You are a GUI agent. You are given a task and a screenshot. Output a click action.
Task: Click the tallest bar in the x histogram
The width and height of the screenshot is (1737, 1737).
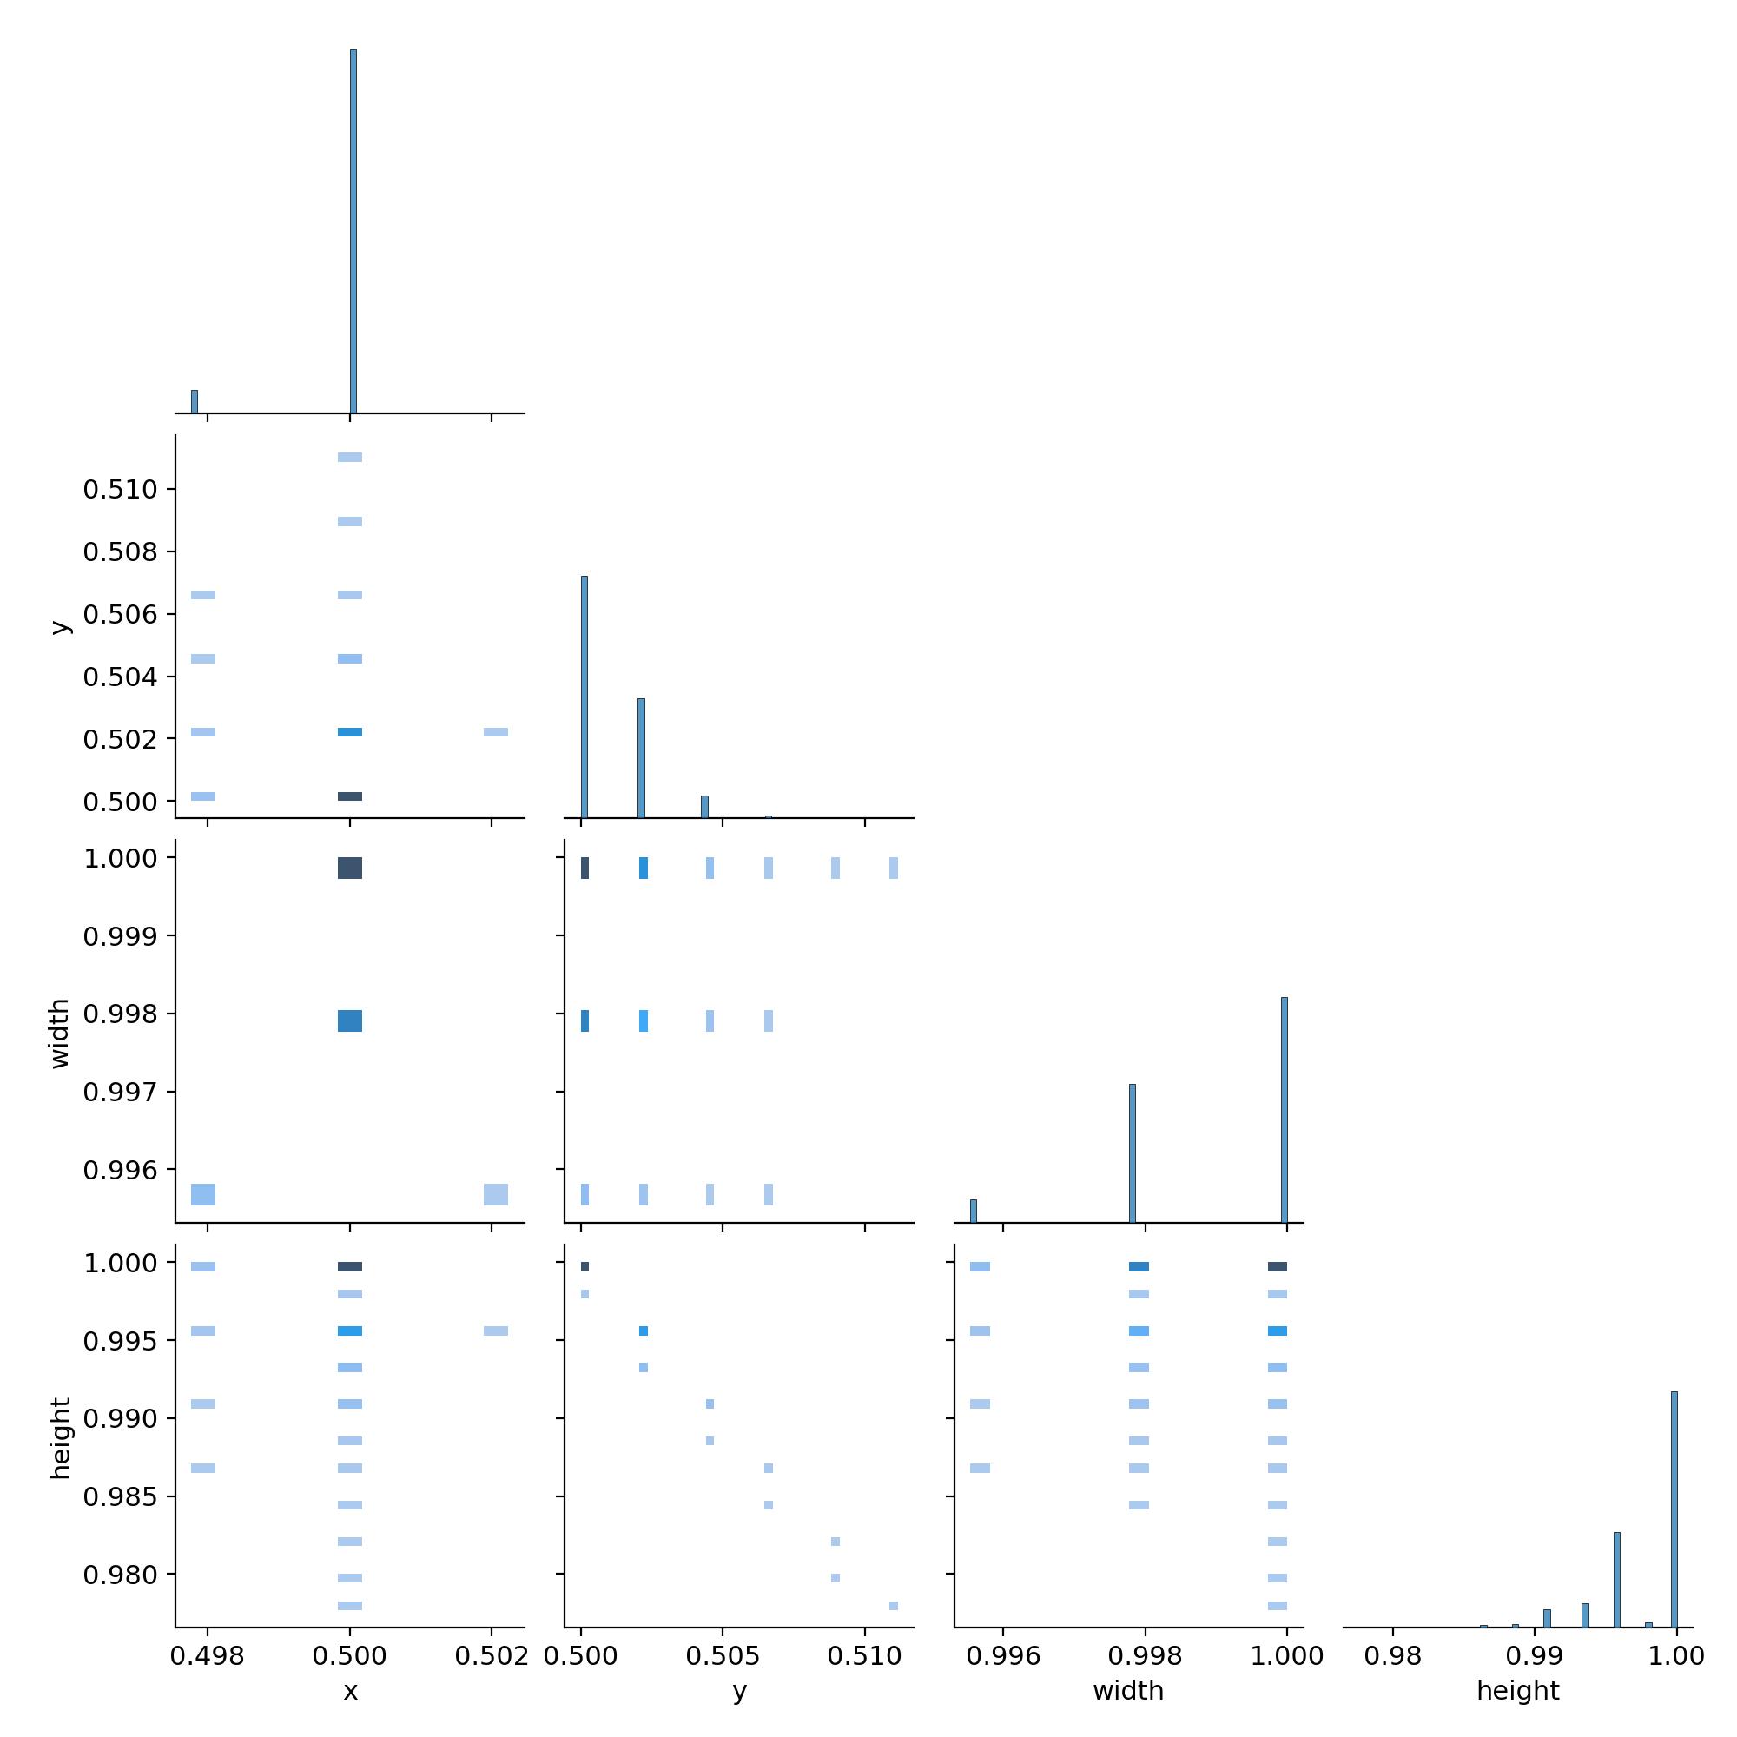click(x=353, y=231)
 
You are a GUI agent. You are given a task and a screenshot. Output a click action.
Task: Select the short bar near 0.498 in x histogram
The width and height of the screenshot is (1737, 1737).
click(x=195, y=402)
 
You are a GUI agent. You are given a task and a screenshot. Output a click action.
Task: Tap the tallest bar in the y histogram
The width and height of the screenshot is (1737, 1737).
click(x=585, y=697)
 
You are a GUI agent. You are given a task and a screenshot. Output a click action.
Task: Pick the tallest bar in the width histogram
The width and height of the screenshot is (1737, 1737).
click(x=1284, y=1109)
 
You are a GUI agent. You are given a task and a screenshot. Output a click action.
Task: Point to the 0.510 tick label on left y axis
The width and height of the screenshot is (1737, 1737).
click(x=121, y=490)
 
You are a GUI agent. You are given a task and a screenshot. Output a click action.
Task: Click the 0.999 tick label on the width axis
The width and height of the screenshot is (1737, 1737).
click(x=121, y=937)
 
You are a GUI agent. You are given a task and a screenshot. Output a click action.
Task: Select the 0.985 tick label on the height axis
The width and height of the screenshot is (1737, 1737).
click(x=121, y=1497)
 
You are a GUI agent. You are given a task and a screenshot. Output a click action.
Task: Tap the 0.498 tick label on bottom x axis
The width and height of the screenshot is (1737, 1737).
click(x=208, y=1656)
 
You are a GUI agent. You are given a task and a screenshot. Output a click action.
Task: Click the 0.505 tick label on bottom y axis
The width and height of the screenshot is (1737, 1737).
click(x=723, y=1656)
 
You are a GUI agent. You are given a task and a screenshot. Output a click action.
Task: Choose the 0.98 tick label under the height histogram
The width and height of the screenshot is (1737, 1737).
click(x=1393, y=1656)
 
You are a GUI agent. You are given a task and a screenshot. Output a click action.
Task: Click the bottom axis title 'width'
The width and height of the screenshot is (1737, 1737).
click(x=1128, y=1691)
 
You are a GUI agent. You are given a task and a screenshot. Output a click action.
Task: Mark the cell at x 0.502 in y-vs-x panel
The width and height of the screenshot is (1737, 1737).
click(x=495, y=732)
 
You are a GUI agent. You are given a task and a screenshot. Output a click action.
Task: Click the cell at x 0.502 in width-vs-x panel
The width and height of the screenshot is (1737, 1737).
click(x=495, y=1194)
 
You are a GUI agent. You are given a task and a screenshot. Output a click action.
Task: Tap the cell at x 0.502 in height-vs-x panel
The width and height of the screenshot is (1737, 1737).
click(x=495, y=1331)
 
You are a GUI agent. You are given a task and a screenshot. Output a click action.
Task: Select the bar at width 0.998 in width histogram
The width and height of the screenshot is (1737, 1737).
click(x=1133, y=1153)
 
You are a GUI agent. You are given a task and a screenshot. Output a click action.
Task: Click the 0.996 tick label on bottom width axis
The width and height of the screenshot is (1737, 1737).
click(x=1003, y=1656)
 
